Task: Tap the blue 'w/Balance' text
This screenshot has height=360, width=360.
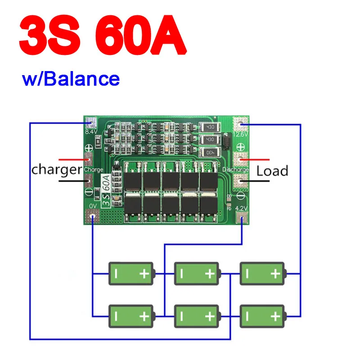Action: tap(71, 79)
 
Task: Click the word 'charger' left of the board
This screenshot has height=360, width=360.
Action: tap(56, 170)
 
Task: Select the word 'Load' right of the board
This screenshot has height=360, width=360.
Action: tap(272, 171)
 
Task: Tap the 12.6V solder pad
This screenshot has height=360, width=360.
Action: tap(241, 123)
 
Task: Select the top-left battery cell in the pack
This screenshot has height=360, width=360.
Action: tap(131, 274)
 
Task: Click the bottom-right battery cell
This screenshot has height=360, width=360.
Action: tap(262, 316)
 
